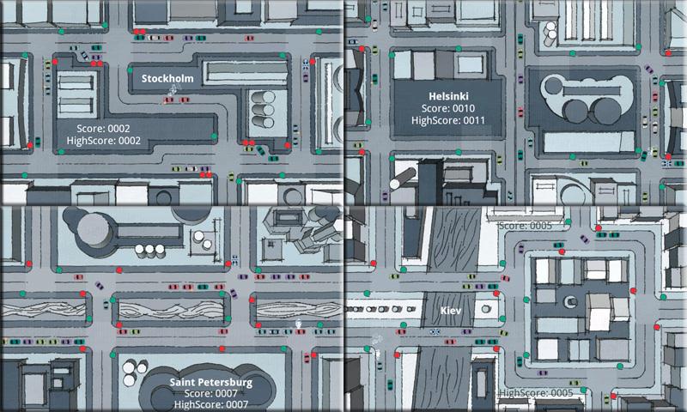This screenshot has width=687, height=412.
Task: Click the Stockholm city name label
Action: [167, 79]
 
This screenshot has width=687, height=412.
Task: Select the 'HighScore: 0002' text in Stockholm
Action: [103, 140]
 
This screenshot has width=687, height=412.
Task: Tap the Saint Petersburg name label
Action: [210, 382]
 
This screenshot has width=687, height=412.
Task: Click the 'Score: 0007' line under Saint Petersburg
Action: [210, 394]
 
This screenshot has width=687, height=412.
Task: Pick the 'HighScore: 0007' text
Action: [210, 405]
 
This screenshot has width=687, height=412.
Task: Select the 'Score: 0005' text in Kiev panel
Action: [524, 226]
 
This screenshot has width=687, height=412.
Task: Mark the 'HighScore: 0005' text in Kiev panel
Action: [535, 392]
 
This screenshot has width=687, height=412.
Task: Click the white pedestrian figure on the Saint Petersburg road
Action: [298, 324]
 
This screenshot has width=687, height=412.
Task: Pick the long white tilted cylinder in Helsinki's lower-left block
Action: [400, 177]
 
